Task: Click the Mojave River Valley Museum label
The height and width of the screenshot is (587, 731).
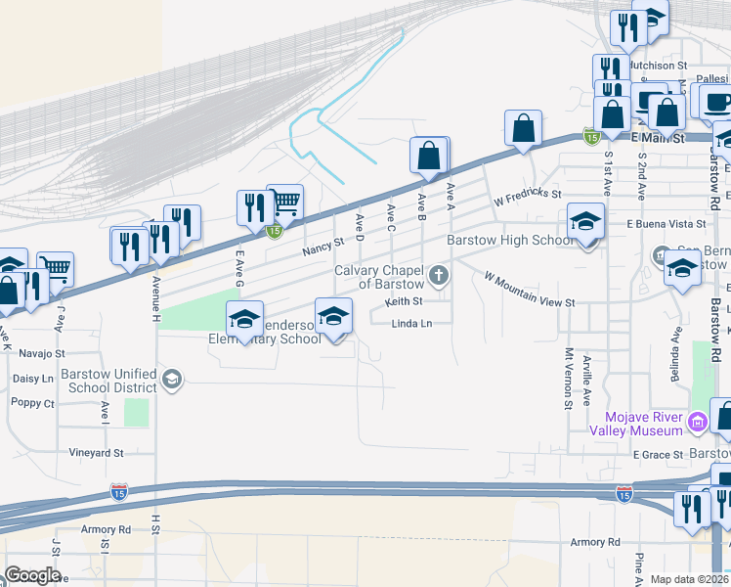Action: point(636,424)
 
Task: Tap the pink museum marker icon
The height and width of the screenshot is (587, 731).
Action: point(696,424)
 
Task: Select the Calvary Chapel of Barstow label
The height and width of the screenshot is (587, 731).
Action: point(378,277)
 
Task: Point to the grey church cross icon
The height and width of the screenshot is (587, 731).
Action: point(439,275)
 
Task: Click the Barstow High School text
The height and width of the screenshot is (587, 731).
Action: point(510,241)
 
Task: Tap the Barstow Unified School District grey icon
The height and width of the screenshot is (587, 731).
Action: point(172,380)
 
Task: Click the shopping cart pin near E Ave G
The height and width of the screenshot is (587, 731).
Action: point(284,203)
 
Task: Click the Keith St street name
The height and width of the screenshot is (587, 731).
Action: point(403,301)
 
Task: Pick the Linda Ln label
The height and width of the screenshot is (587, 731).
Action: point(411,324)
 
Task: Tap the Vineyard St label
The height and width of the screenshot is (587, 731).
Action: point(96,453)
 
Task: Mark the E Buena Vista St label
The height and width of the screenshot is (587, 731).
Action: point(659,224)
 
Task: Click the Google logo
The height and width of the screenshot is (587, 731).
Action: point(31,575)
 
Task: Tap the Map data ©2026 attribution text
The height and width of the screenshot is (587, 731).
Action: point(689,579)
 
